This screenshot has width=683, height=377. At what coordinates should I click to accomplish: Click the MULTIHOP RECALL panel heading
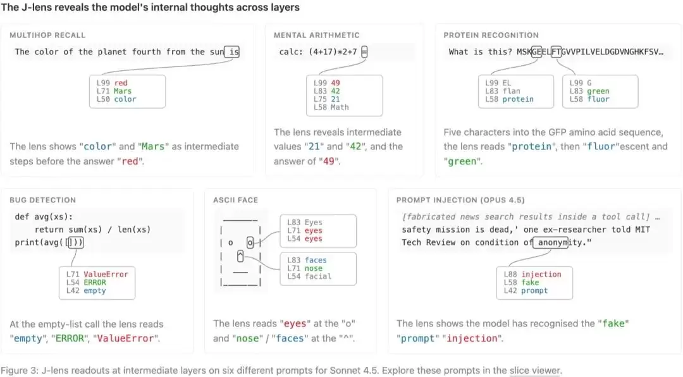(x=47, y=35)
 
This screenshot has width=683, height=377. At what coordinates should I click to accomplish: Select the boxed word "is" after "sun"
(x=231, y=52)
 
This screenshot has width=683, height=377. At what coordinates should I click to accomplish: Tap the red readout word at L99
(x=121, y=83)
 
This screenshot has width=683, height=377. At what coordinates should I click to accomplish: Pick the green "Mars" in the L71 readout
(x=123, y=91)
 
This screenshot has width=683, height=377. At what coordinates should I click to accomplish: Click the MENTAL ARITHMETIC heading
(x=317, y=35)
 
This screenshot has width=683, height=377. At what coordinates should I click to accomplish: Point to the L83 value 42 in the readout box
(x=335, y=91)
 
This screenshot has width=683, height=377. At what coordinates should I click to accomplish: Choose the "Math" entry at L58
(x=340, y=107)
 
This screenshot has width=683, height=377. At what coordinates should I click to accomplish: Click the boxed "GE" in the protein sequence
(x=537, y=52)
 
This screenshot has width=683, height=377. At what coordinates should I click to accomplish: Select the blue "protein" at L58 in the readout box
(x=518, y=99)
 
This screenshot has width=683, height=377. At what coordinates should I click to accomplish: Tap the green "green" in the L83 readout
(x=598, y=91)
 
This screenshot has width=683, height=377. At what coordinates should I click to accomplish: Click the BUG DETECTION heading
(x=43, y=200)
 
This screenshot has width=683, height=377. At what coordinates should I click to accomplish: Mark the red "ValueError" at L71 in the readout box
(x=106, y=274)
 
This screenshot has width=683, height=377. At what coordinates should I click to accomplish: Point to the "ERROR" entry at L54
(x=95, y=282)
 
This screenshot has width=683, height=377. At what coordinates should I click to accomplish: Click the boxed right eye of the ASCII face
(x=250, y=242)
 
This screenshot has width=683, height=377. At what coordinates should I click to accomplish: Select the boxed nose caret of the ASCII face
(x=240, y=256)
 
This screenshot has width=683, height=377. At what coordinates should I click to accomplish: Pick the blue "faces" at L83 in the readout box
(x=316, y=260)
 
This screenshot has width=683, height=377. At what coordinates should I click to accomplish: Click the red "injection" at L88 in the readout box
(x=541, y=274)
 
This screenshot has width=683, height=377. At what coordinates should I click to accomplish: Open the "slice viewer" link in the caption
(x=534, y=371)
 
